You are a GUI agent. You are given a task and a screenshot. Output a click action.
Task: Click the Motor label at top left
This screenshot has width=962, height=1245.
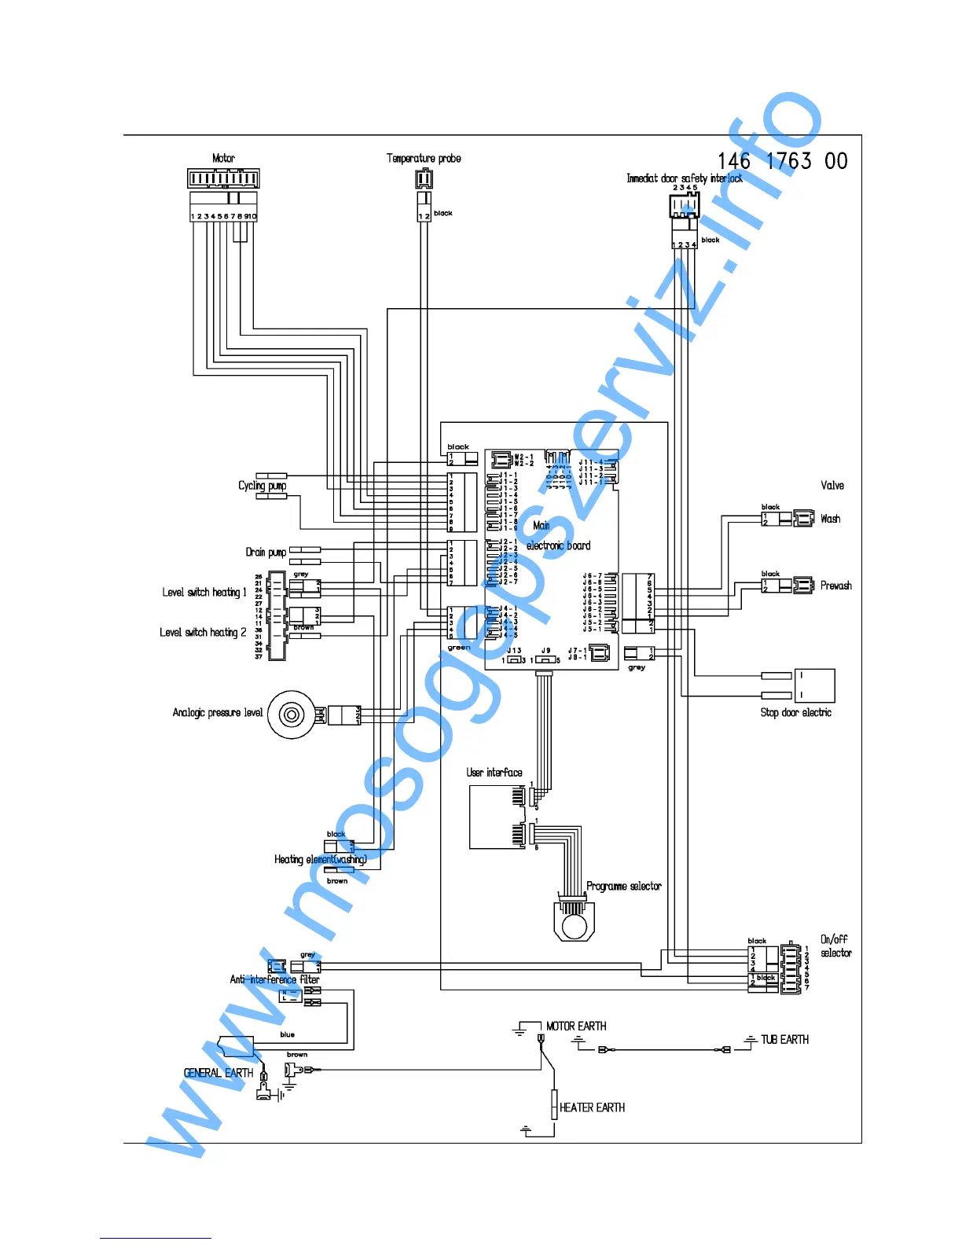223,158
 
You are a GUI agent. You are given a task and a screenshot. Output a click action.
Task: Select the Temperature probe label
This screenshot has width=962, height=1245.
424,158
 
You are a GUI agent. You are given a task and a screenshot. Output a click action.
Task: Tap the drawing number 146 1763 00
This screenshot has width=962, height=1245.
782,161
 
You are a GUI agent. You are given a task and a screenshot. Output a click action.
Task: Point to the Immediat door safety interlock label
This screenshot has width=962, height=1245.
684,178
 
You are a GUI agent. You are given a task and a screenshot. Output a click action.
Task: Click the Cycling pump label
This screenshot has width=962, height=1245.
262,486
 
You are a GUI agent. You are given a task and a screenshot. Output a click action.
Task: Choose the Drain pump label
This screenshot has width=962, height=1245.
266,552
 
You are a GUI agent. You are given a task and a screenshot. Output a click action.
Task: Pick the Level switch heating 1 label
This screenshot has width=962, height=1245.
204,592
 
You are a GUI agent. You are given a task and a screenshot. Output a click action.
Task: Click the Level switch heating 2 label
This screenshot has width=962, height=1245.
203,632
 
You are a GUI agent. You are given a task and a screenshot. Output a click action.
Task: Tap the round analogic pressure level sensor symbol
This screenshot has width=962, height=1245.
292,714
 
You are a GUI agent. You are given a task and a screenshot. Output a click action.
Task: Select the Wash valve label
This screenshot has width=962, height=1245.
830,519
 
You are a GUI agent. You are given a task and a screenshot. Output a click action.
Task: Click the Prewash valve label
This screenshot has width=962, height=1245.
835,586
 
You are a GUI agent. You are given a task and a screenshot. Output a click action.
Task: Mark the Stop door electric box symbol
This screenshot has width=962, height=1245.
814,685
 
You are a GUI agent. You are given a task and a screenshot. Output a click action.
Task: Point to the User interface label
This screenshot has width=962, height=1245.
494,773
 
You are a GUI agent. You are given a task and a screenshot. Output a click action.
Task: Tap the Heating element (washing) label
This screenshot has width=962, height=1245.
320,859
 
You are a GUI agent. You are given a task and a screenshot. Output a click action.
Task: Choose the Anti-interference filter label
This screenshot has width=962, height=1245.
274,979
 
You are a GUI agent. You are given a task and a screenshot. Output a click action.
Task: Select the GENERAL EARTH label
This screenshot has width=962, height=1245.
218,1073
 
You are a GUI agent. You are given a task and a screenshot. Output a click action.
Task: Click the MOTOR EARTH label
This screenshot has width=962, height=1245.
576,1026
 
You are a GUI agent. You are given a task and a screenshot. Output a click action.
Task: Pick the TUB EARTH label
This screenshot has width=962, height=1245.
784,1039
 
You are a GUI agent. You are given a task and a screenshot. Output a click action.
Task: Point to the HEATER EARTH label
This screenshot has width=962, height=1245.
592,1107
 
